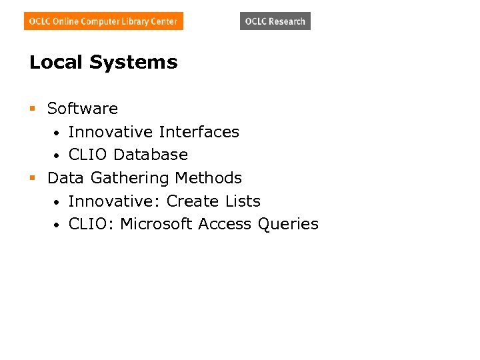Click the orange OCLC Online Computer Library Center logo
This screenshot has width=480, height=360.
103,21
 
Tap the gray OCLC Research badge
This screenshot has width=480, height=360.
275,21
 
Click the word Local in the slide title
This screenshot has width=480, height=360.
57,63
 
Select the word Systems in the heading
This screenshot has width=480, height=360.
133,63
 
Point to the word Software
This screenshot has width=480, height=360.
83,109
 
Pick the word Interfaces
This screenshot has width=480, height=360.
199,132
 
